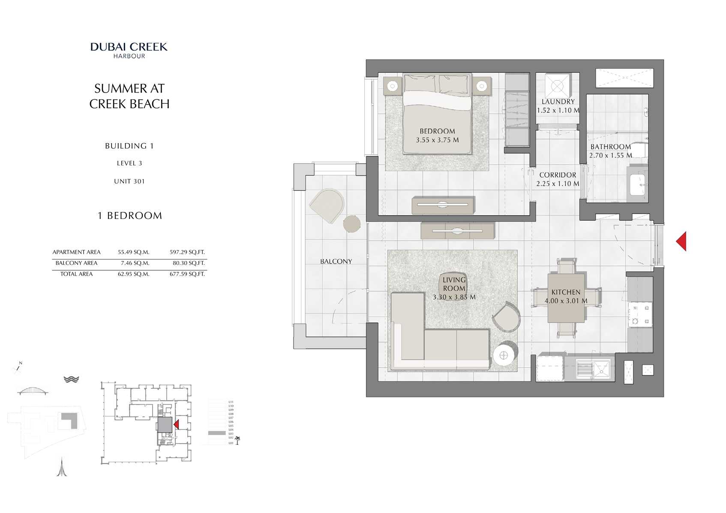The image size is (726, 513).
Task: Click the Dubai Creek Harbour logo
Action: [x=129, y=50]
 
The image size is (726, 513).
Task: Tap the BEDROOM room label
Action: [x=437, y=131]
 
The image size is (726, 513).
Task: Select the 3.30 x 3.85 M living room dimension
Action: [x=454, y=297]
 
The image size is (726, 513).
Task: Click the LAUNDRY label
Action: [x=558, y=102]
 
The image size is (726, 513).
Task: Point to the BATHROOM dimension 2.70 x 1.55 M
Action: [x=610, y=156]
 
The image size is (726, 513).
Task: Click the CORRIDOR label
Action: [x=558, y=175]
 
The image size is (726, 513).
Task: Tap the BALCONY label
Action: [x=336, y=261]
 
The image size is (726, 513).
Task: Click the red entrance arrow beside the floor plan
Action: [x=681, y=241]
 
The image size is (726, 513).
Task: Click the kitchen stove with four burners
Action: [x=639, y=315]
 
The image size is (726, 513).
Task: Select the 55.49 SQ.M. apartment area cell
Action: [x=133, y=252]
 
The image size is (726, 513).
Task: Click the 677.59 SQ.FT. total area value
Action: [x=187, y=274]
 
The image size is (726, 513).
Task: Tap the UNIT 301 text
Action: [x=129, y=181]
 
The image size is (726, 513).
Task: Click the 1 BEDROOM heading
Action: [x=130, y=216]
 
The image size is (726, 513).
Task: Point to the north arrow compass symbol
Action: [x=18, y=367]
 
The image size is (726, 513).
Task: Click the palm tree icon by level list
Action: [x=237, y=440]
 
